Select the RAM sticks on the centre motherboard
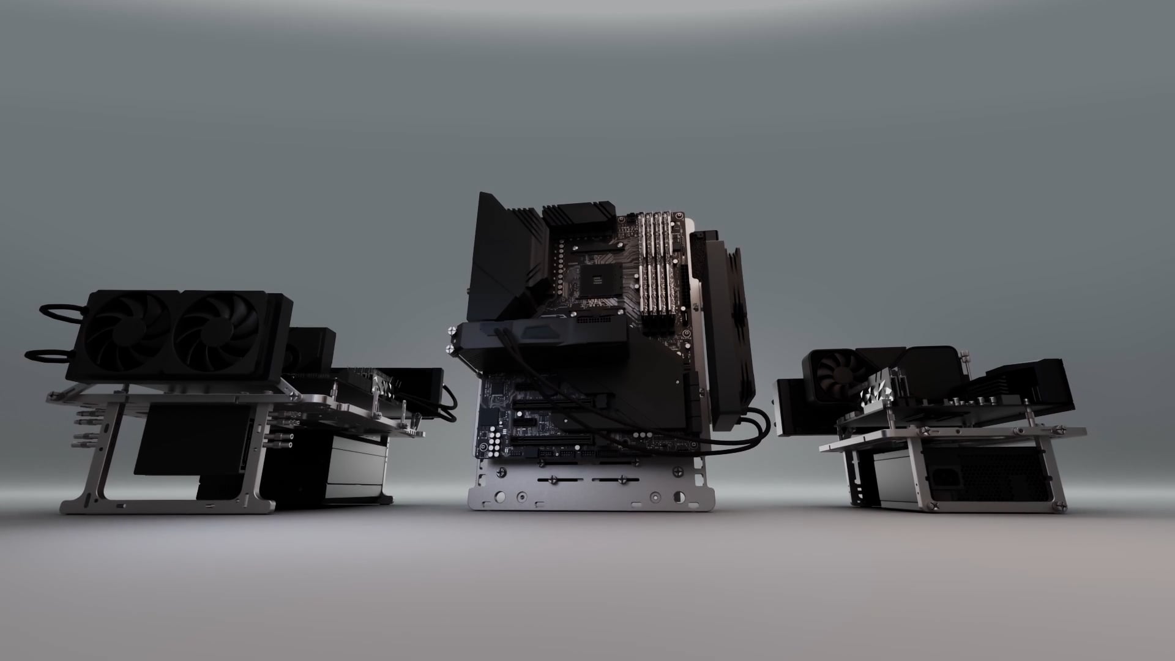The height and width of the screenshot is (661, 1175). [658, 263]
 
